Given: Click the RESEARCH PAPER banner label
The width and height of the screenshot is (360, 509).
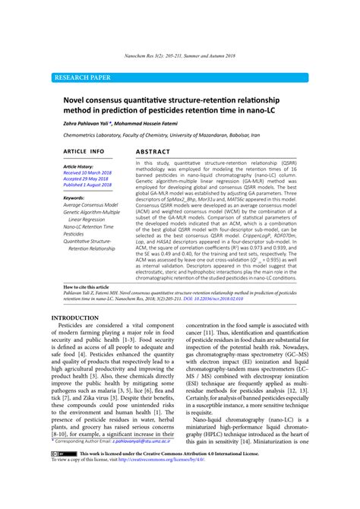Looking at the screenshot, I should tap(81, 77).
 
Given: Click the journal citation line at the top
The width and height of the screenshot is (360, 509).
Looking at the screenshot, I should tap(179, 56).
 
